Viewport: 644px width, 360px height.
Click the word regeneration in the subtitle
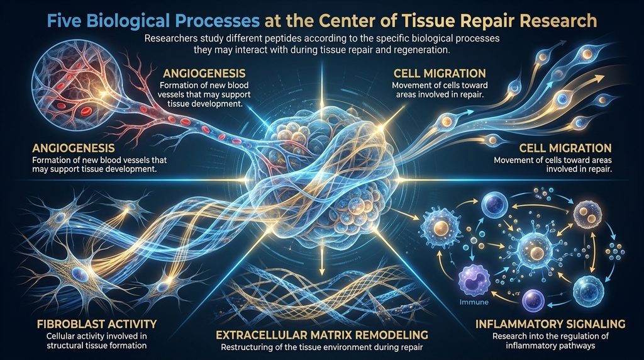pyautogui.click(x=422, y=51)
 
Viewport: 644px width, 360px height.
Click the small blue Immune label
pyautogui.click(x=474, y=302)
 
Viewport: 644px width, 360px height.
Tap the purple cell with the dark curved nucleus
pyautogui.click(x=474, y=281)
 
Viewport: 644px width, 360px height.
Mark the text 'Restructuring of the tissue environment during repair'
pyautogui.click(x=321, y=347)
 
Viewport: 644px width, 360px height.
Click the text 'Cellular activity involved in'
pyautogui.click(x=96, y=335)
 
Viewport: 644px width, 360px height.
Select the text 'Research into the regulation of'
pyautogui.click(x=550, y=335)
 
